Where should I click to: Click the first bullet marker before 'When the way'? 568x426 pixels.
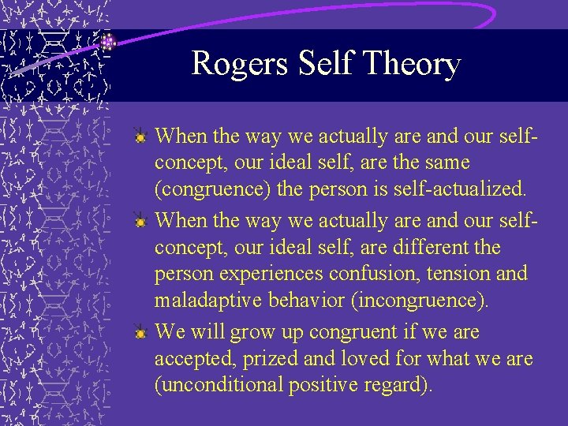pyautogui.click(x=140, y=137)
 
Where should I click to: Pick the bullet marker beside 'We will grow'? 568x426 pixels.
pyautogui.click(x=140, y=333)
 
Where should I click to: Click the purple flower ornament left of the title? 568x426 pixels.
pyautogui.click(x=108, y=43)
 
